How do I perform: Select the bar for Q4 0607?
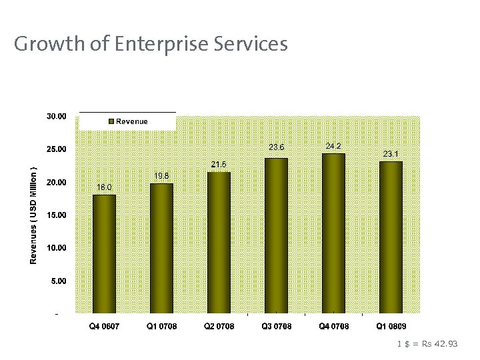(x=104, y=254)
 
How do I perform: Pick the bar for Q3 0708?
(x=276, y=235)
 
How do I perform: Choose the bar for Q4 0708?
(x=333, y=233)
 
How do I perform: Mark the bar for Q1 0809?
(x=391, y=237)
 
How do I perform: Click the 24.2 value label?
(x=334, y=145)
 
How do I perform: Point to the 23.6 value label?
(x=277, y=147)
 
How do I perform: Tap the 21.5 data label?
(x=219, y=164)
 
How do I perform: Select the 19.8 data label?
(x=161, y=175)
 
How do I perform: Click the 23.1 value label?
(x=391, y=153)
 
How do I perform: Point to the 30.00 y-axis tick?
(x=57, y=116)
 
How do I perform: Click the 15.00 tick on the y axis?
(x=57, y=215)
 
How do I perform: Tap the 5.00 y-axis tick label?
(x=59, y=281)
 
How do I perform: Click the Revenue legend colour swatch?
(x=111, y=121)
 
